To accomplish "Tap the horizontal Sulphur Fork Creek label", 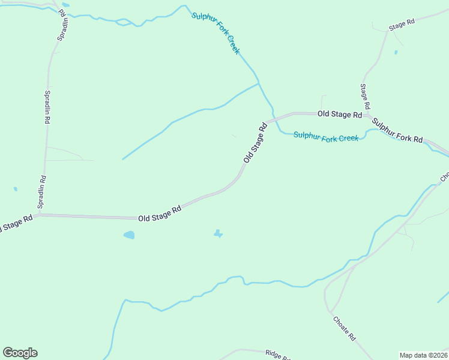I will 326,137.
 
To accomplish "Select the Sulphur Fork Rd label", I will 397,131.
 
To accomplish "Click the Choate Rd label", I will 345,329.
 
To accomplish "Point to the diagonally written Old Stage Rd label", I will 255,143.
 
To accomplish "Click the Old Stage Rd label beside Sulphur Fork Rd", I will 340,113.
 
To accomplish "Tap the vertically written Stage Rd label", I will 365,96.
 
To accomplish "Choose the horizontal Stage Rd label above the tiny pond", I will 402,25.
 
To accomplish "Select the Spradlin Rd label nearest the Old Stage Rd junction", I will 42,191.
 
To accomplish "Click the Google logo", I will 20,353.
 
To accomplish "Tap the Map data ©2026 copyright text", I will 423,355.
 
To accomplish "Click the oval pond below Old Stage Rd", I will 129,235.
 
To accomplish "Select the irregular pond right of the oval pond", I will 218,233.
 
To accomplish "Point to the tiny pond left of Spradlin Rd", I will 15,189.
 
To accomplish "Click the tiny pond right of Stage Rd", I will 396,52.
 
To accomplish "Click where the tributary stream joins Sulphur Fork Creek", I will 259,83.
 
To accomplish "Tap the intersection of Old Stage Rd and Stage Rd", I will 365,113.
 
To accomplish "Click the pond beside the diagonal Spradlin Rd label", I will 65,5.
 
